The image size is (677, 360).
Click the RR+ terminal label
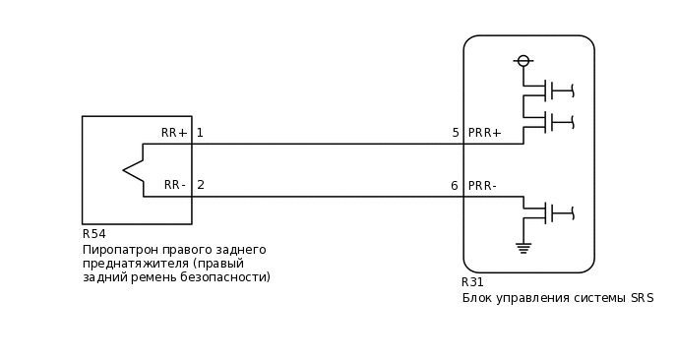[x=174, y=133]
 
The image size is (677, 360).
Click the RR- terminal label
[x=175, y=185]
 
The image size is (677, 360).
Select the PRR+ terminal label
[x=485, y=133]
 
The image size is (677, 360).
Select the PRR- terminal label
[x=482, y=186]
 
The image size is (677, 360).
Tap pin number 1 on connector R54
[x=200, y=133]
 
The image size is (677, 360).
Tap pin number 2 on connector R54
[x=201, y=185]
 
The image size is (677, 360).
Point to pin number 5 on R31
[x=456, y=133]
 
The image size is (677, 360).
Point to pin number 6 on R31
[x=455, y=186]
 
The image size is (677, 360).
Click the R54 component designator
[x=94, y=234]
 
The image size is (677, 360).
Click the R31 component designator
[x=473, y=282]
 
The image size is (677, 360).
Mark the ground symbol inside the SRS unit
[x=523, y=247]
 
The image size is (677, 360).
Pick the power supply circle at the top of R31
[x=523, y=61]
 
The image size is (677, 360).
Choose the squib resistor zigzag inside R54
[x=134, y=170]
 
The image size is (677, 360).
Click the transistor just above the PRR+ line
[x=551, y=122]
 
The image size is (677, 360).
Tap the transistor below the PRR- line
[x=551, y=211]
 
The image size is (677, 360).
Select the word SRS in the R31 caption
[x=642, y=298]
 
